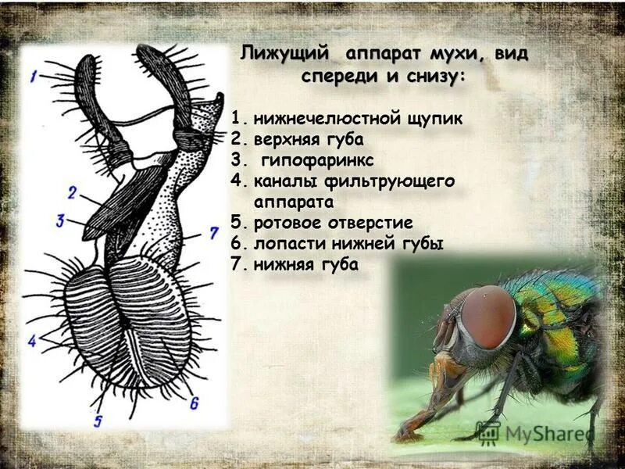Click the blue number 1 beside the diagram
(x=34, y=77)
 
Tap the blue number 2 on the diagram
(x=71, y=192)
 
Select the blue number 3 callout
(x=59, y=220)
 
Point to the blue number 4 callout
(x=32, y=341)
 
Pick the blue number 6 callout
(x=194, y=403)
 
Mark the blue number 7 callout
(x=213, y=233)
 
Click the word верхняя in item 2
(x=286, y=140)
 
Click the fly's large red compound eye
(x=487, y=316)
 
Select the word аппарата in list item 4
(x=294, y=202)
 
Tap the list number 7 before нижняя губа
(x=237, y=264)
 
